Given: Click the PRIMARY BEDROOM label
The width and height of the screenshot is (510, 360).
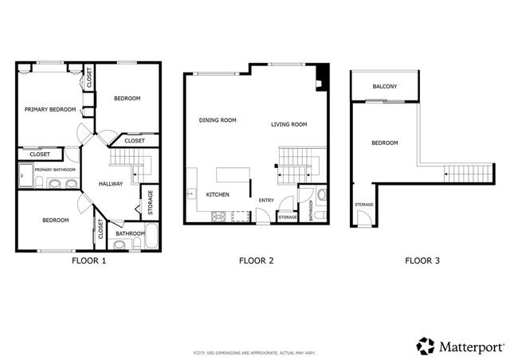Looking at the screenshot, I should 49,109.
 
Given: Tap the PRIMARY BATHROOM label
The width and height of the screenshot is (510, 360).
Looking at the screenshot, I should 54,170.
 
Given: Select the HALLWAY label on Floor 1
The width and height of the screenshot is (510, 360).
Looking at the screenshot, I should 110,184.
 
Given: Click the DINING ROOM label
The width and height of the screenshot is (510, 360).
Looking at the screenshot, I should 218,120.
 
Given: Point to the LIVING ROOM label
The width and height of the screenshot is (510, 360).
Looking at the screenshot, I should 288,124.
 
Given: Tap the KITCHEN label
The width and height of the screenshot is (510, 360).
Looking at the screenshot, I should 218,194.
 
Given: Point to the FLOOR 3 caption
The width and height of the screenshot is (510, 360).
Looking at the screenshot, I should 422,260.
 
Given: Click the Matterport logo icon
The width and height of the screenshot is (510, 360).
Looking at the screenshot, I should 426,346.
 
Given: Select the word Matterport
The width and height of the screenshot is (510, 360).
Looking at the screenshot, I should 470,346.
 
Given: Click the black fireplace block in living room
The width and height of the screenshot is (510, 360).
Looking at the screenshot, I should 320,76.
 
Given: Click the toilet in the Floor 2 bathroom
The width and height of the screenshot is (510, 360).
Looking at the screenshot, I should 320,194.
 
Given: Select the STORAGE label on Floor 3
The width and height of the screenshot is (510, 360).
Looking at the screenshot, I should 363,205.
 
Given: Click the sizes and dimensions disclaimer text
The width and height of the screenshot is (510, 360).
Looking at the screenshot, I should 255,352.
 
